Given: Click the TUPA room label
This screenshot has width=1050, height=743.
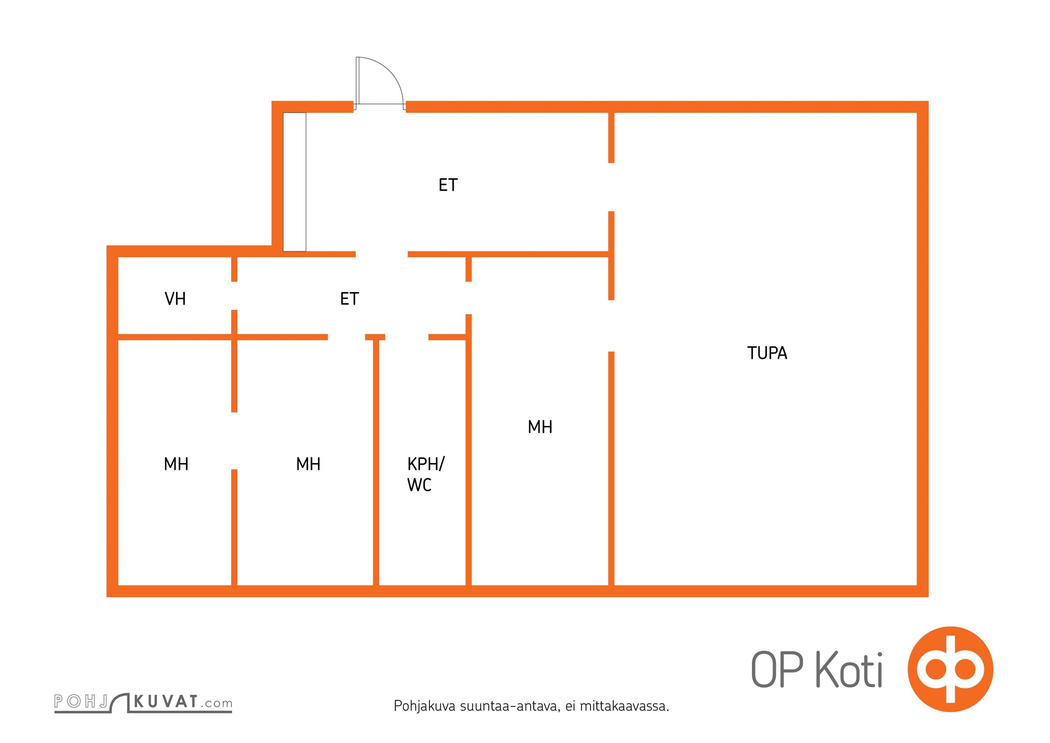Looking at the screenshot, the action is [767, 353].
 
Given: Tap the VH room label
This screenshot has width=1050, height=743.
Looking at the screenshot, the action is [175, 299].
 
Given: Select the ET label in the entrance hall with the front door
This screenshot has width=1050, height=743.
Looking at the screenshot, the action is [448, 185].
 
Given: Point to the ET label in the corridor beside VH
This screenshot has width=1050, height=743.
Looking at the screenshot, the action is [350, 299].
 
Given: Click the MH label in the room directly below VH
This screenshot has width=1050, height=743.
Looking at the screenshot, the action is [176, 464].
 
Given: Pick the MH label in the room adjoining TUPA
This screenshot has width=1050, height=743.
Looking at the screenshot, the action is [540, 427].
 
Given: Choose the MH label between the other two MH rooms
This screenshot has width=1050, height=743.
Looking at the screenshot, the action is [308, 464].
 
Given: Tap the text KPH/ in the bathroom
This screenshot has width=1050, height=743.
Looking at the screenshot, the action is [426, 464].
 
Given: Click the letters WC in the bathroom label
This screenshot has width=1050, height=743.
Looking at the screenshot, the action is [419, 485].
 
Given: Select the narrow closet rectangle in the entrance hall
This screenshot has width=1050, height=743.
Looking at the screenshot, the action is [294, 182].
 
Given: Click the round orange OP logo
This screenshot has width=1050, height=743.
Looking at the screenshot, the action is [950, 669].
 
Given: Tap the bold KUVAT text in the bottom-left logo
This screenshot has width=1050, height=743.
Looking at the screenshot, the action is [166, 701].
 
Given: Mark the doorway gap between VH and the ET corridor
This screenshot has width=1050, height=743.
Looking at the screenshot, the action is [234, 296].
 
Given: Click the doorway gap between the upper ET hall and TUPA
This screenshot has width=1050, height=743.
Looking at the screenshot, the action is [611, 187].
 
